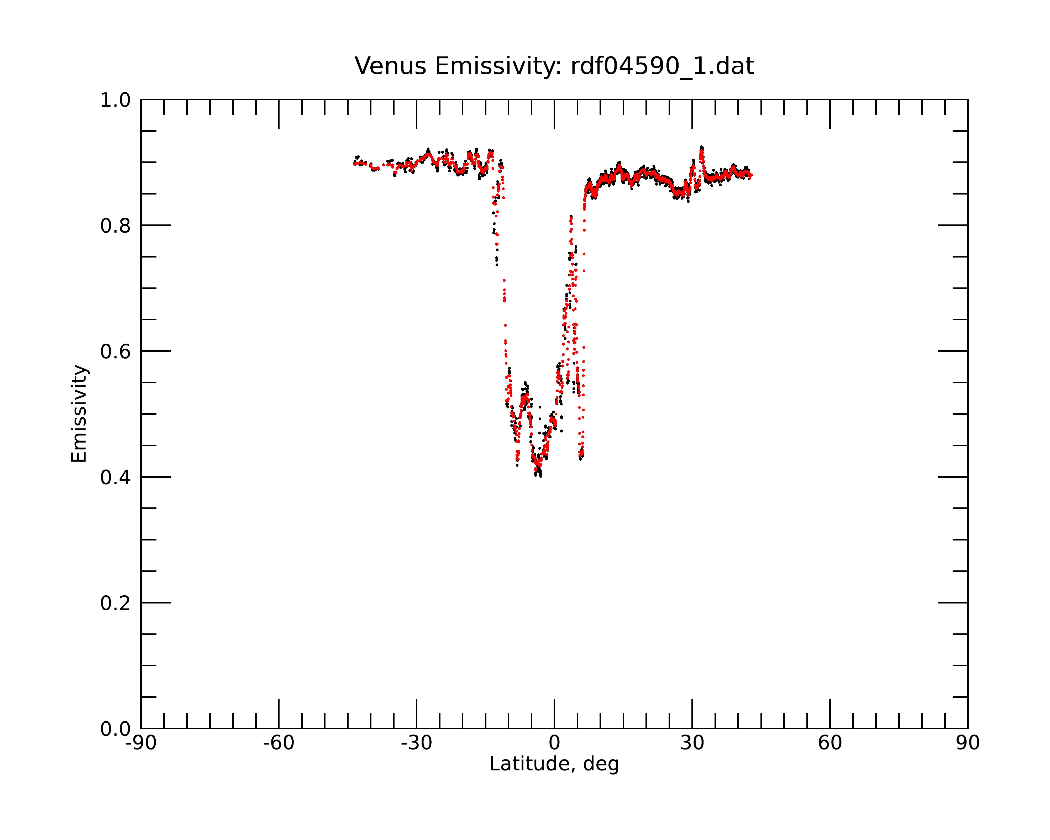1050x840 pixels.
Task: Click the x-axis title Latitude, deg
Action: [x=554, y=764]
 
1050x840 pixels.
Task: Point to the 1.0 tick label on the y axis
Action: [x=115, y=100]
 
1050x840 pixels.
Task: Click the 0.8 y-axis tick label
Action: [x=115, y=226]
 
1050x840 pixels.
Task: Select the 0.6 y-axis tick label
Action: [x=115, y=351]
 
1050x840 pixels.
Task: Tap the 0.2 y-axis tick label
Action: [x=115, y=603]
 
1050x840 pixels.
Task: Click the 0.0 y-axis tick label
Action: [x=115, y=729]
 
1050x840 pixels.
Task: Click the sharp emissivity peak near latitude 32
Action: [x=702, y=148]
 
